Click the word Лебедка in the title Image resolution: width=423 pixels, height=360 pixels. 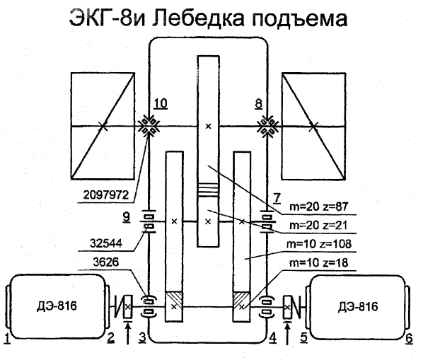[x=198, y=18]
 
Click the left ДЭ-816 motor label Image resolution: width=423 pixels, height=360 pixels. [x=57, y=306]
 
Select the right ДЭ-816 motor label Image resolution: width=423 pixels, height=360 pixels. [x=358, y=307]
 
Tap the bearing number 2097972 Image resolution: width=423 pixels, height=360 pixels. [x=106, y=194]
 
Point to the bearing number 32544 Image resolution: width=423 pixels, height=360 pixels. [x=106, y=243]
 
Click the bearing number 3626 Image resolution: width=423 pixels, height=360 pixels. [x=106, y=262]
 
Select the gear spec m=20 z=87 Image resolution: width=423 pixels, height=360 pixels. [x=319, y=207]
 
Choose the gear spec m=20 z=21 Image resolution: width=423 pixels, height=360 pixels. [x=318, y=226]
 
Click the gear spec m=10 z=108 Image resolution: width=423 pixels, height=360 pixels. [x=319, y=244]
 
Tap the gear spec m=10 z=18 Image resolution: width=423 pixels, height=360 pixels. [x=318, y=262]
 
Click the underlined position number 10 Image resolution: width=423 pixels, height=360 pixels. [x=161, y=103]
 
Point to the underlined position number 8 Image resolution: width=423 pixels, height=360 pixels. [x=258, y=103]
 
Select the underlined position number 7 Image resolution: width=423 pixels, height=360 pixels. [x=277, y=198]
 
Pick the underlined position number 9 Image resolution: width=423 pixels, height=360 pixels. [x=126, y=217]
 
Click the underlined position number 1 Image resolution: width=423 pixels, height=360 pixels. [x=8, y=338]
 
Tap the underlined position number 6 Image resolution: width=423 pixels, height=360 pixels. [x=410, y=338]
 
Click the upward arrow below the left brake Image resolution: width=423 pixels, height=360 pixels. [x=128, y=334]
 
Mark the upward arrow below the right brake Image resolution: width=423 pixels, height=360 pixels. [x=288, y=334]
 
